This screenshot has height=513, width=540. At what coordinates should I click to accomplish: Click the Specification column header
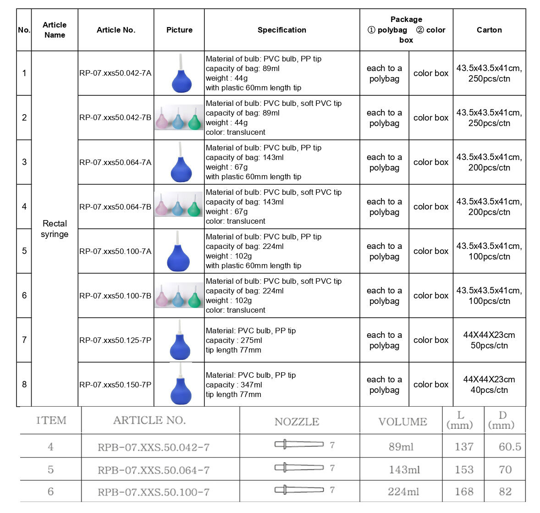coord(281,30)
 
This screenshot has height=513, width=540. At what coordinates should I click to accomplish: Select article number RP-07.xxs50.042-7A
coord(115,73)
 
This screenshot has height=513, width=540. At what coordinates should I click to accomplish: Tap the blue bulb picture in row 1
coord(179,78)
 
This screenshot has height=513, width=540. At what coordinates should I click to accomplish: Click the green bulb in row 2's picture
coord(194,121)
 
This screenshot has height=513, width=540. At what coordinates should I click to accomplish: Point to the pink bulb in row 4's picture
coord(162,209)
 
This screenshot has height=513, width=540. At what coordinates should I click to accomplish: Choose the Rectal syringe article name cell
coord(55,229)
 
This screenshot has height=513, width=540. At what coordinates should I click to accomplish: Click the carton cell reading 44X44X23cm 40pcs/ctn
coord(489,385)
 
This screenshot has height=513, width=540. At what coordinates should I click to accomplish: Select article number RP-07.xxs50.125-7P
coord(115,340)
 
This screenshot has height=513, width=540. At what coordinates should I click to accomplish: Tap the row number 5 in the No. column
coord(24,251)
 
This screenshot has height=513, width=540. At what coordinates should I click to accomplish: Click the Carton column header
coord(489,30)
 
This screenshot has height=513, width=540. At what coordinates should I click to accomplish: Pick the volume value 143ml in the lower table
coord(403,469)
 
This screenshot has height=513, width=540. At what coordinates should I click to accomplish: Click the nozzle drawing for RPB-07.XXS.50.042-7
coord(299,444)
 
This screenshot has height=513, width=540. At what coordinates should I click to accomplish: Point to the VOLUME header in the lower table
coord(402,421)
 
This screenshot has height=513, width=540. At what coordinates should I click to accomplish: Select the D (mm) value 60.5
coord(510,447)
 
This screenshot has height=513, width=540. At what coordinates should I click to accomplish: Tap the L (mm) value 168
coord(463,491)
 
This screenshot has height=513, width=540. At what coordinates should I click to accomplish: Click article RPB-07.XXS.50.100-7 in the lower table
coord(154,492)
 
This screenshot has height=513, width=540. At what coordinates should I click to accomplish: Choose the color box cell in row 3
coord(430,162)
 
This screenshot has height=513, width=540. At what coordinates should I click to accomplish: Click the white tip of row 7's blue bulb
coord(180,326)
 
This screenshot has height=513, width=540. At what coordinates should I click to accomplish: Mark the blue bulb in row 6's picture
coord(178,299)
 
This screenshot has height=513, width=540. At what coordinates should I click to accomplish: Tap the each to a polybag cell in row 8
coord(384,385)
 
